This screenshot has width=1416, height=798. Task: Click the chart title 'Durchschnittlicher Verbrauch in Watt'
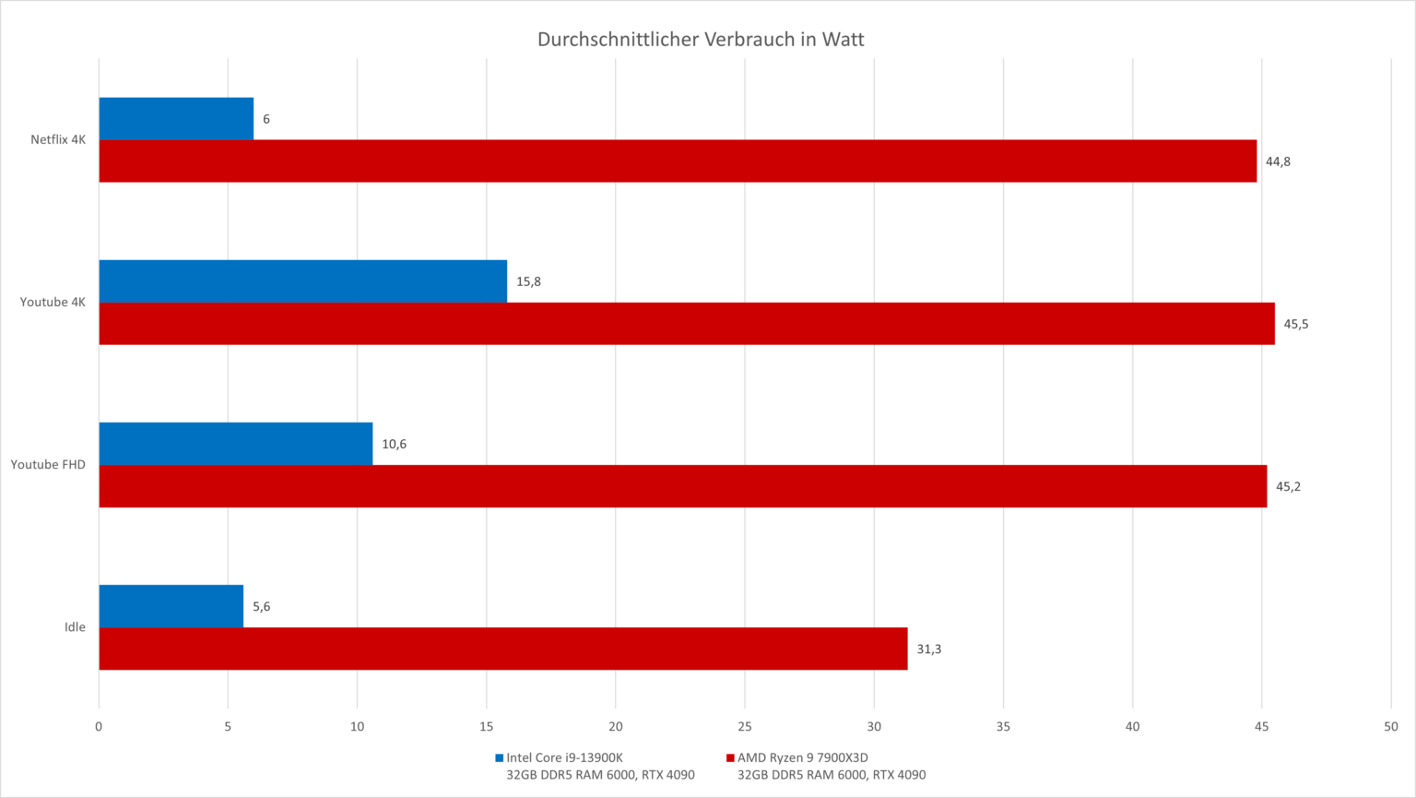[701, 40]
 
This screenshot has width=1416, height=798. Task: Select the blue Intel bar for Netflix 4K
[176, 119]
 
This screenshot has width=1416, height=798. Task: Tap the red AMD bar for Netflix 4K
[678, 161]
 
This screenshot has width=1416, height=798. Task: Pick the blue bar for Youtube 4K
[302, 281]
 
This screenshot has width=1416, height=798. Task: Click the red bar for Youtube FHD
[682, 486]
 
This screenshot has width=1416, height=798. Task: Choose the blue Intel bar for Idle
[171, 606]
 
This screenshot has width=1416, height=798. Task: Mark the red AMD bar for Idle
[502, 649]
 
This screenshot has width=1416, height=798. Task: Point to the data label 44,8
[1278, 161]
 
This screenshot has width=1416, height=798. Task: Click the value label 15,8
[528, 281]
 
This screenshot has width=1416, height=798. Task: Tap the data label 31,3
[928, 649]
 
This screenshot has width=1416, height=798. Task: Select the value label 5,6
[262, 606]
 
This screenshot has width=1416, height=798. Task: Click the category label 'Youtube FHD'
[48, 464]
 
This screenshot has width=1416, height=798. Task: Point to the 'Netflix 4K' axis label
[58, 140]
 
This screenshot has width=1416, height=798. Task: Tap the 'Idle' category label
[75, 627]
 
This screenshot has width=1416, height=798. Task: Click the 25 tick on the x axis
[745, 726]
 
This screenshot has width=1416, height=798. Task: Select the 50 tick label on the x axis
[1390, 726]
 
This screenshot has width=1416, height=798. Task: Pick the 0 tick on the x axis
[99, 726]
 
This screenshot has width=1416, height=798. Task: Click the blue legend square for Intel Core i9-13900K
[499, 758]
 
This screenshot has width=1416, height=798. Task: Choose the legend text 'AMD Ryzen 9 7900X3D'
[802, 757]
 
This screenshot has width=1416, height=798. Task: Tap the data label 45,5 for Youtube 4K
[1296, 324]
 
